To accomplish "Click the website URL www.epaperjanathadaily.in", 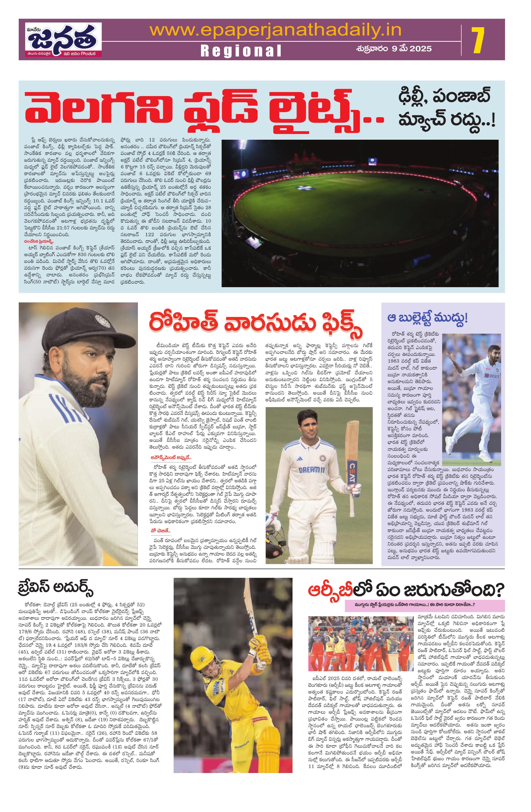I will coord(275,30).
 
